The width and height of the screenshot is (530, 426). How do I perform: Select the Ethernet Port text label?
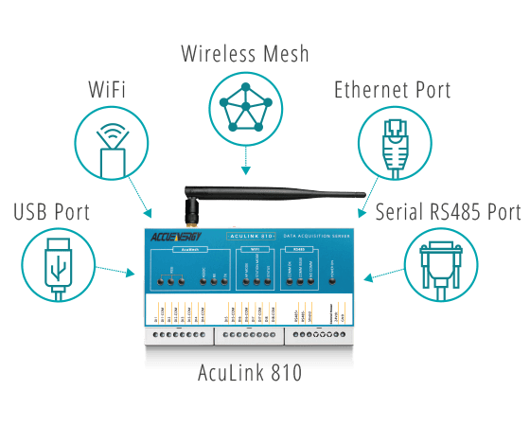click(x=392, y=91)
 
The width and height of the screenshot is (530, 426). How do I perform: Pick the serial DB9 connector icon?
click(x=441, y=263)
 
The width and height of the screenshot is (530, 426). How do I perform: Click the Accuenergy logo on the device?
click(x=174, y=237)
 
